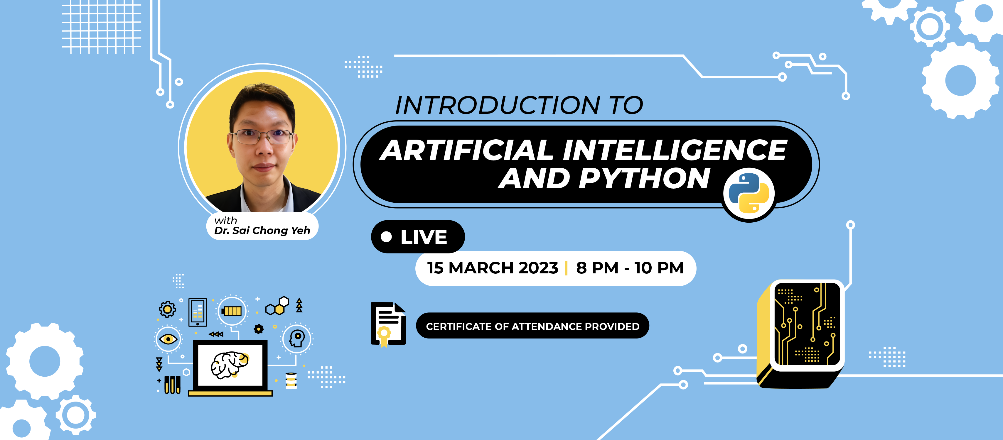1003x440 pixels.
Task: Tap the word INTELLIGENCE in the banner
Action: point(674,150)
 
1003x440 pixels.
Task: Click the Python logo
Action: point(749,193)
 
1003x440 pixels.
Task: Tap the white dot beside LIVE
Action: point(386,236)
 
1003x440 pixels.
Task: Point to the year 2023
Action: point(539,268)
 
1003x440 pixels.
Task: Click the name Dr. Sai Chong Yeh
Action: point(262,231)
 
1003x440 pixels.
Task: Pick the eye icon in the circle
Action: point(168,339)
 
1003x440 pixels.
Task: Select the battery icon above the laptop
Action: point(232,311)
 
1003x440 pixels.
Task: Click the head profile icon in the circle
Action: point(297,339)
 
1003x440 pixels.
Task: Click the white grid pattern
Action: point(102,27)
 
